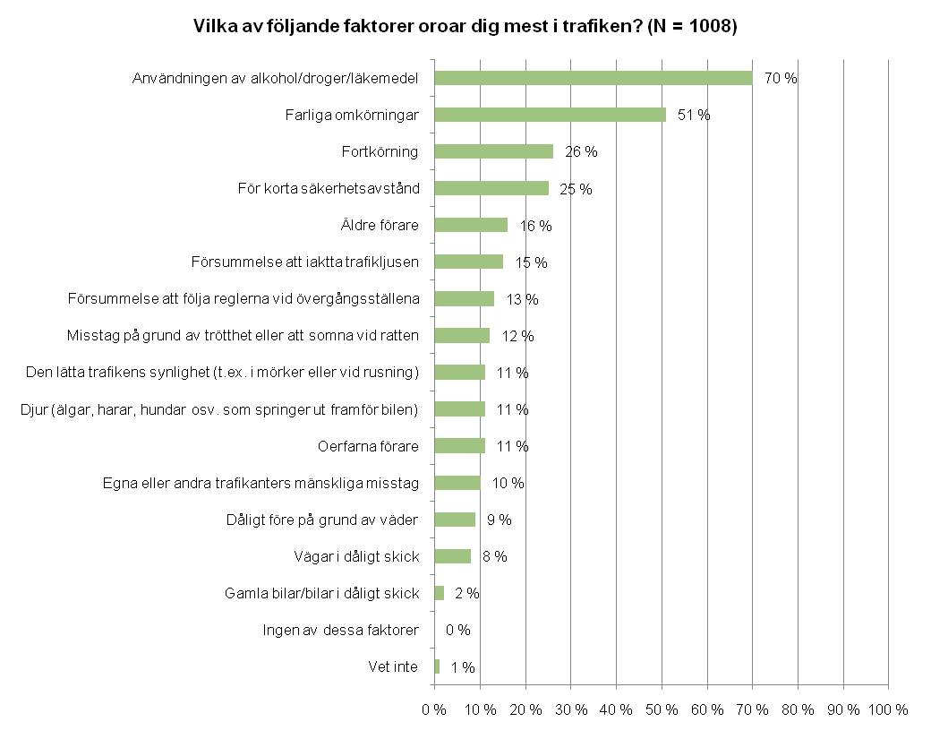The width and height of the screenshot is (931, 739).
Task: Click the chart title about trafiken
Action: pos(465,27)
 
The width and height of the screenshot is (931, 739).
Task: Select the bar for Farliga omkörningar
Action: pos(550,115)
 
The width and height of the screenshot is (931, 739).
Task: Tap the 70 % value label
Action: pos(781,78)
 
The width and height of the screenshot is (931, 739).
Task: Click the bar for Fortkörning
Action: pos(493,151)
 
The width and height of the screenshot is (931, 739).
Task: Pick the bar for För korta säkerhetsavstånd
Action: pos(491,188)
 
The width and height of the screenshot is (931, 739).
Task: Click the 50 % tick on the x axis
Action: pos(662,709)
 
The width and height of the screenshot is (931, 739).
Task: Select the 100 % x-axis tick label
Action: pos(888,709)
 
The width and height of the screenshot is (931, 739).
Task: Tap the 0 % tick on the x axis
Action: pos(434,709)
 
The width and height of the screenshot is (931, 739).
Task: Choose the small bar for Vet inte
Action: pos(437,666)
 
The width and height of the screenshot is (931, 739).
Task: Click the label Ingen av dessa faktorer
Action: pos(340,630)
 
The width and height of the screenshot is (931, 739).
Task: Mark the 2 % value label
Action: pos(466,593)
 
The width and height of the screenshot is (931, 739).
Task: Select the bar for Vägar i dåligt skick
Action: pos(452,556)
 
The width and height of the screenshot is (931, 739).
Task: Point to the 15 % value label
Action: pos(531,262)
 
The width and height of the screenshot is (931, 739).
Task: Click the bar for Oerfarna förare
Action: pos(459,446)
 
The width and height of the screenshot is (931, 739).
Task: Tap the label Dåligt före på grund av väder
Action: pos(322,520)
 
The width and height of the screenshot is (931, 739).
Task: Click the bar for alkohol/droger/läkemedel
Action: pos(593,78)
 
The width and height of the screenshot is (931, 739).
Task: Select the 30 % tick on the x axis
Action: pos(570,709)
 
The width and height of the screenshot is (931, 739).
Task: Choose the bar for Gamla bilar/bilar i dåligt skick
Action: pos(439,593)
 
